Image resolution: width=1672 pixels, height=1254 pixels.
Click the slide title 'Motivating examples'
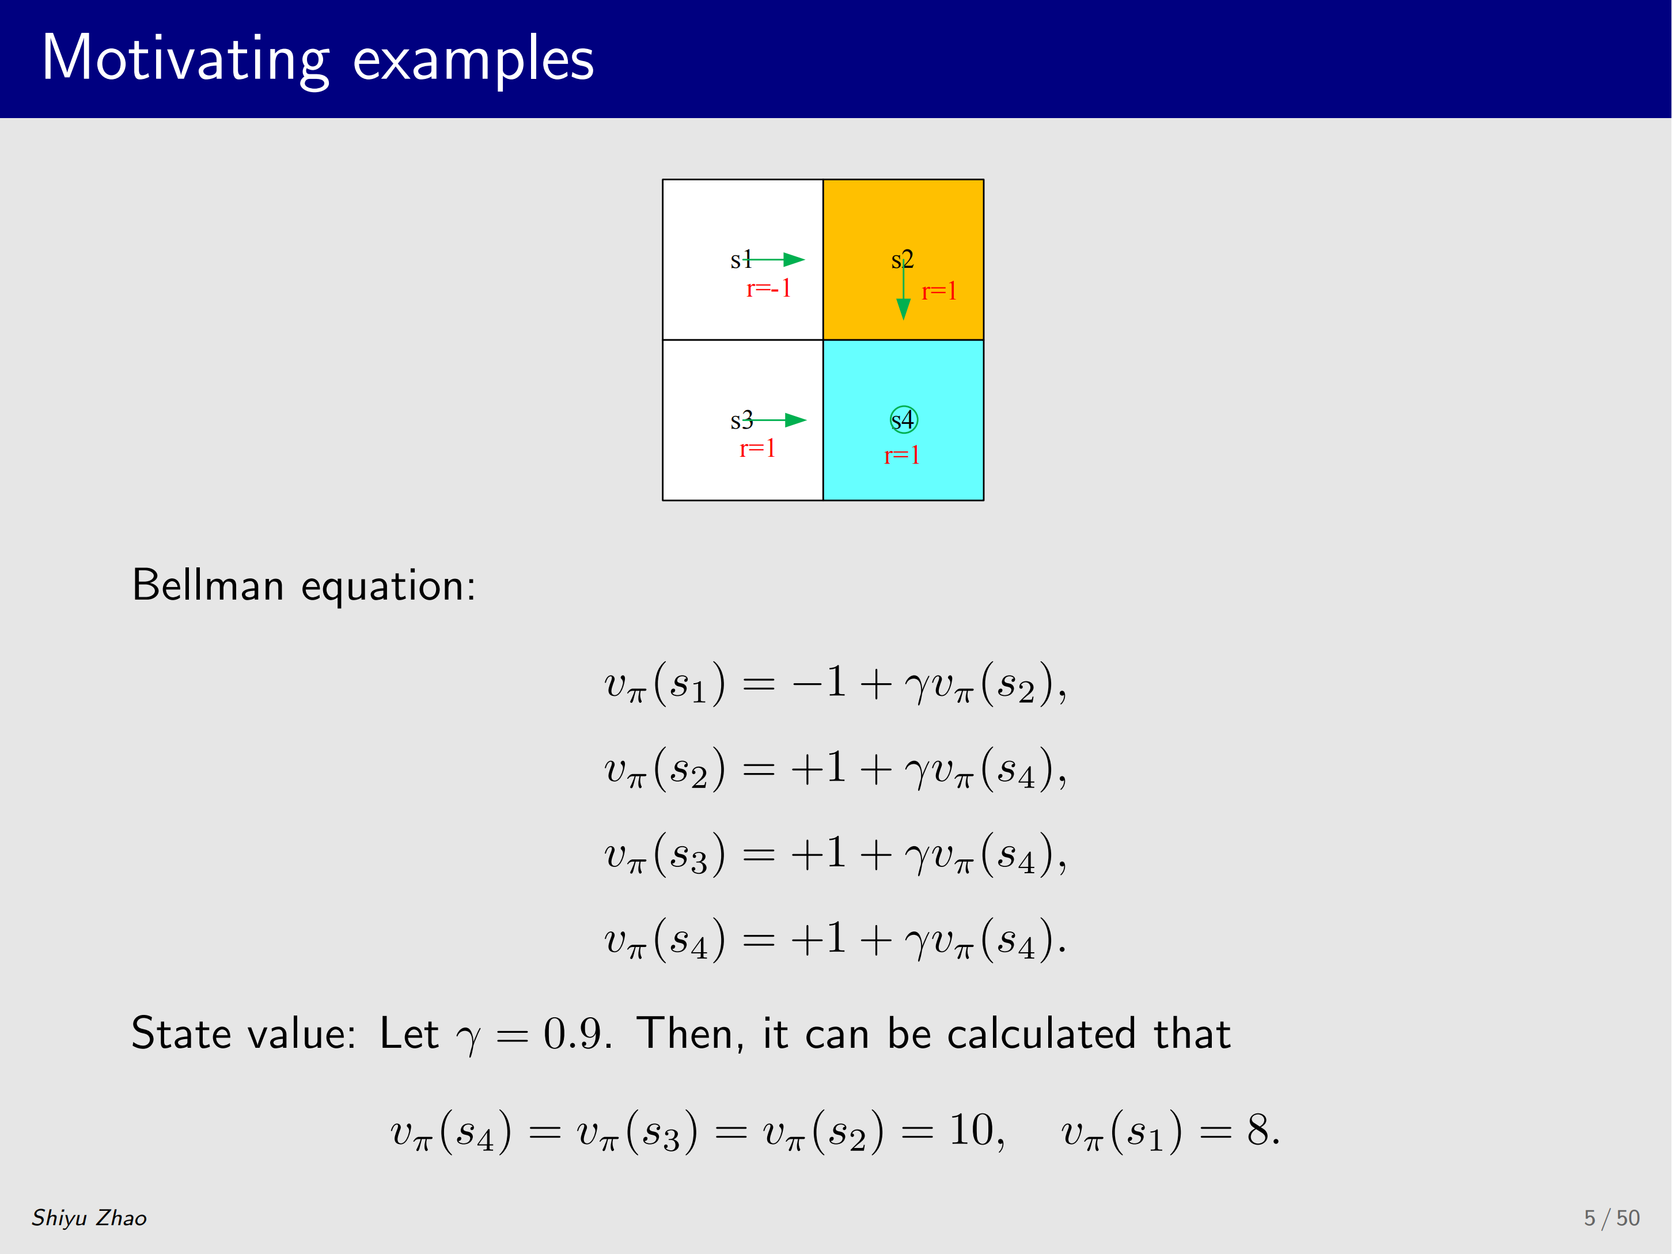(x=317, y=59)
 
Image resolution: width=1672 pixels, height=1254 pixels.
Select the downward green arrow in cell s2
(x=903, y=289)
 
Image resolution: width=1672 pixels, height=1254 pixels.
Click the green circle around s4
(x=904, y=407)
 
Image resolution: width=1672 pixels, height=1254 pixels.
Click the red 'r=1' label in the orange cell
(x=939, y=291)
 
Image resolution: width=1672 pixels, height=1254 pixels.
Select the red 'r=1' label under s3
(x=757, y=448)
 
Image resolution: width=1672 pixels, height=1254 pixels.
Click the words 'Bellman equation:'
(x=304, y=585)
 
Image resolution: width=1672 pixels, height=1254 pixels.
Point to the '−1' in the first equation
(x=818, y=682)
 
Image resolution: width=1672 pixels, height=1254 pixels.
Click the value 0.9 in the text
(x=577, y=1033)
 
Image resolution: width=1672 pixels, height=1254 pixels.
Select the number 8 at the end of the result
(x=1258, y=1131)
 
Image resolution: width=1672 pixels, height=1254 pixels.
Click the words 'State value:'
(x=244, y=1033)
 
